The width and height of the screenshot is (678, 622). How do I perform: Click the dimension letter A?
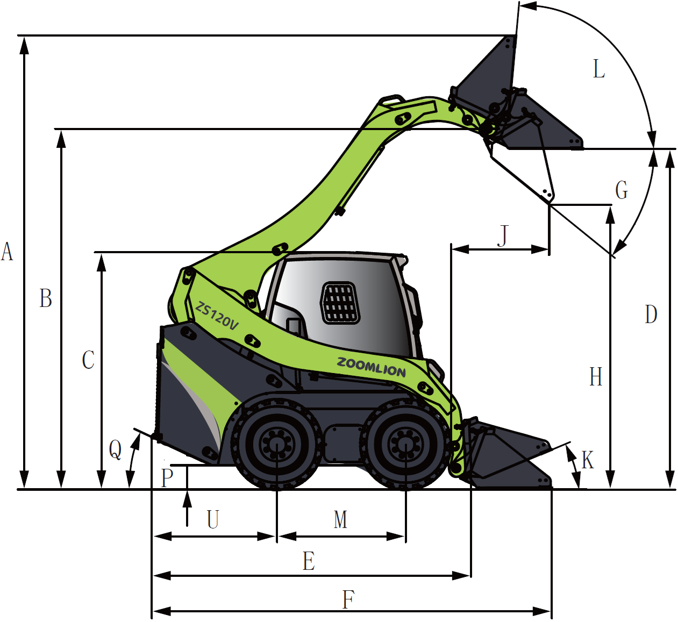click(x=7, y=252)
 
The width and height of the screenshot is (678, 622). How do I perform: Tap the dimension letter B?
click(x=46, y=298)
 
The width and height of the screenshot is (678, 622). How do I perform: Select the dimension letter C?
click(x=88, y=360)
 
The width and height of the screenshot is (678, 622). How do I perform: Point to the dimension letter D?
click(x=651, y=314)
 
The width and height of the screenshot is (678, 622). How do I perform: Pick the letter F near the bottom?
click(x=348, y=599)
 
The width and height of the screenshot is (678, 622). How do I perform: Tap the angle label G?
click(x=622, y=190)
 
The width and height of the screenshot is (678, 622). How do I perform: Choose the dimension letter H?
click(x=596, y=376)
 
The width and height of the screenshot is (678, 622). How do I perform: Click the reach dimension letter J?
click(x=503, y=235)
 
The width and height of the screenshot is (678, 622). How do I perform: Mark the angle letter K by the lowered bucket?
click(x=588, y=460)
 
